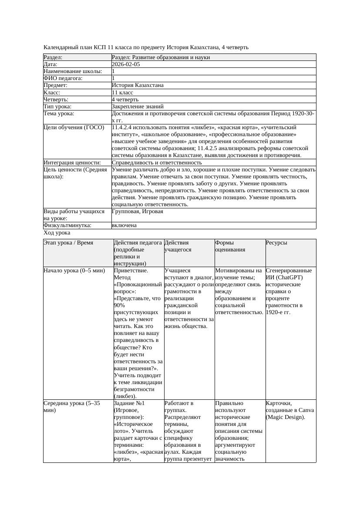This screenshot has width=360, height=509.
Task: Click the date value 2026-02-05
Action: pos(126,64)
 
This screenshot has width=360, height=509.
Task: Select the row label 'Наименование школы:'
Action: pos(73,71)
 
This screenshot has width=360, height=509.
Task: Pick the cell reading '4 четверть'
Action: pos(125,100)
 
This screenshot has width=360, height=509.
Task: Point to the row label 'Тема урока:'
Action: pos(59,114)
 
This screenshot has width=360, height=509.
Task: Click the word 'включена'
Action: pos(124,225)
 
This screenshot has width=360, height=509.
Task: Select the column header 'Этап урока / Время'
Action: pos(68,243)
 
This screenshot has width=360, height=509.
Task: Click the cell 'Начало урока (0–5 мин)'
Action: pos(74,271)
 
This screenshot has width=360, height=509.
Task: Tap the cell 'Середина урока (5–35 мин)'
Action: pos(72,407)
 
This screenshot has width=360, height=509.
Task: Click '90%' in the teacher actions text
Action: pos(119,305)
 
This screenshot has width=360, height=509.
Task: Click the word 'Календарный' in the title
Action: pos(61,47)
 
